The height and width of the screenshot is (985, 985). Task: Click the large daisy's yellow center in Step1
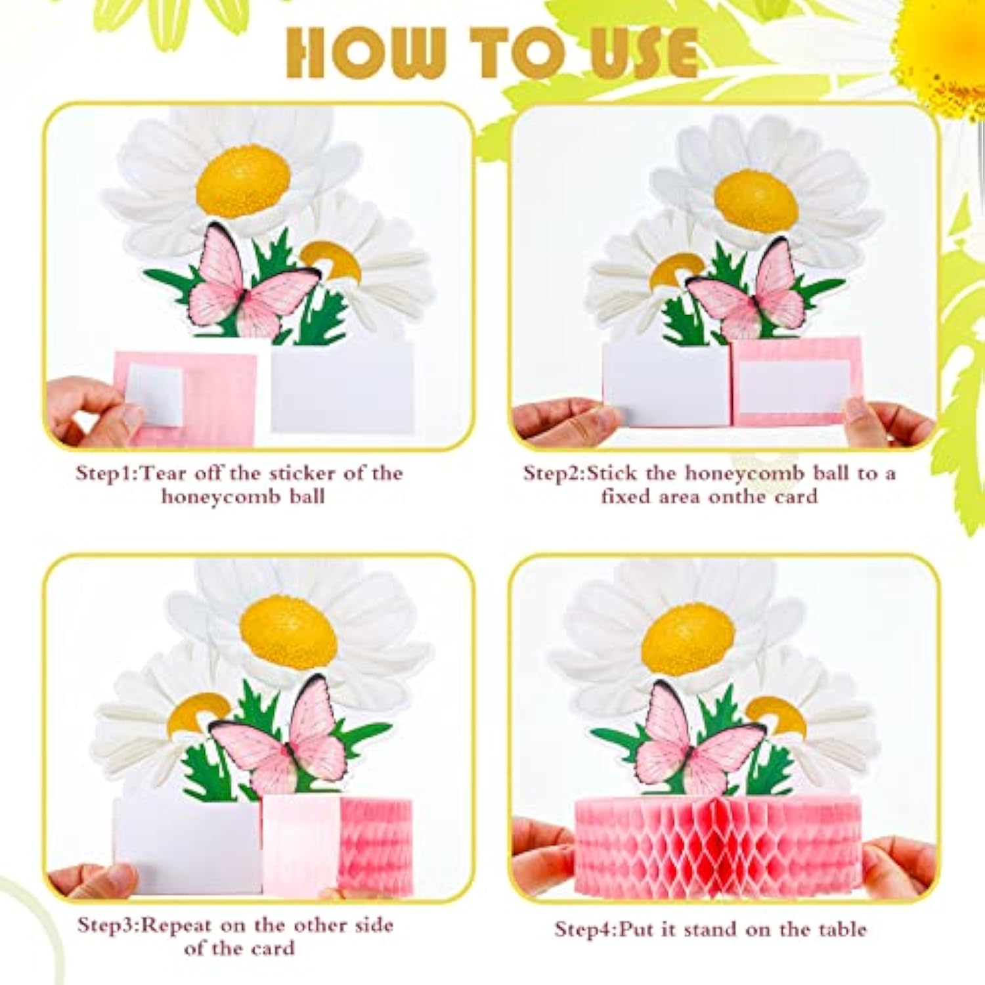243,181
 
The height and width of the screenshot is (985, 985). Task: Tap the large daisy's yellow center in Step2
756,201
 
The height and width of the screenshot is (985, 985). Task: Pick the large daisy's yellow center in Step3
288,631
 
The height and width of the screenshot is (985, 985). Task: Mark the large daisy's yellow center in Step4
688,640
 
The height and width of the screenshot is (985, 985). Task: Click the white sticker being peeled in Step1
155,394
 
